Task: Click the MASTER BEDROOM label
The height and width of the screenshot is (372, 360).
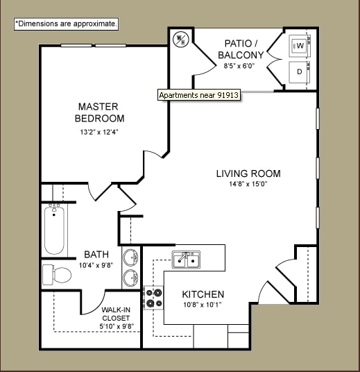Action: coord(98,112)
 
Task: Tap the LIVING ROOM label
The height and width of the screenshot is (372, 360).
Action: coord(248,174)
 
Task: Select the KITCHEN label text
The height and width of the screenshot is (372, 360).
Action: coord(203,294)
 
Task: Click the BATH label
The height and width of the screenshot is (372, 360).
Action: coord(96,255)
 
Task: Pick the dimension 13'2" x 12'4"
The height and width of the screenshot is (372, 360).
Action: coord(98,133)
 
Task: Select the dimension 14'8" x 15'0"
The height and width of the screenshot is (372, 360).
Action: coord(248,185)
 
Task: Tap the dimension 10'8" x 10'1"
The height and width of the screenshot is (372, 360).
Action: coord(203,305)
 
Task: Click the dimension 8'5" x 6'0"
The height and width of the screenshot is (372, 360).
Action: coord(239,66)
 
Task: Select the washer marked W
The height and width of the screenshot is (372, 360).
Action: coord(300,46)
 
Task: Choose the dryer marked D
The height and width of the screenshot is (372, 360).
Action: coord(300,71)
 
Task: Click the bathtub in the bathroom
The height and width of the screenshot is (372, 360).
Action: coord(55,230)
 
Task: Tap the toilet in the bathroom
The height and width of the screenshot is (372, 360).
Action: coord(58,276)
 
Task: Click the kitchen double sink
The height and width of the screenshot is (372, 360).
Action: coord(186,260)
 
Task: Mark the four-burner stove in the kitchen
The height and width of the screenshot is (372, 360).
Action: coord(153,297)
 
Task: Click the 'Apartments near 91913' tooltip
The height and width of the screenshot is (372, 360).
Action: coord(199,95)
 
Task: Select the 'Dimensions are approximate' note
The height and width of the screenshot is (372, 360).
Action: coord(67,24)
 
